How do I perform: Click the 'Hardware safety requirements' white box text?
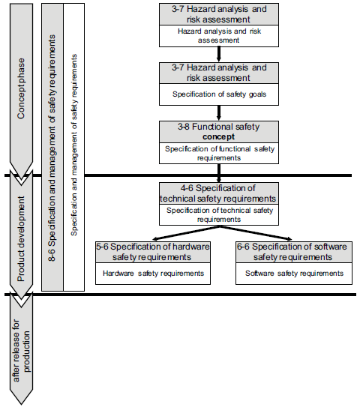point(152,274)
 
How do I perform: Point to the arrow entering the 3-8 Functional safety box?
point(217,112)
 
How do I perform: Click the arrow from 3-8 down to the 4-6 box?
point(217,172)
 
